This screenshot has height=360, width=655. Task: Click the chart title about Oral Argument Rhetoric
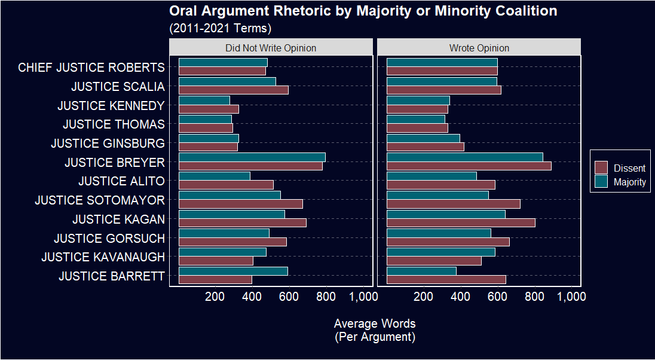coord(363,11)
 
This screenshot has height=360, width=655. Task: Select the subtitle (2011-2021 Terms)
coord(220,28)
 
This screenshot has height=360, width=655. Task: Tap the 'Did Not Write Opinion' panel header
coord(271,48)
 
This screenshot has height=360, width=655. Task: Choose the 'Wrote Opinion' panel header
coord(479,48)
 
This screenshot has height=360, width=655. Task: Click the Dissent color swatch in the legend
coord(601,168)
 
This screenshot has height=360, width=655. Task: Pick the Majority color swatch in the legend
coord(601,182)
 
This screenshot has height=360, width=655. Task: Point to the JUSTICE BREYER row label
coord(114,162)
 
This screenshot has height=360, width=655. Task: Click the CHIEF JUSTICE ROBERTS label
coord(91,68)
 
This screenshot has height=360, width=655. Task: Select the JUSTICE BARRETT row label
coord(111,276)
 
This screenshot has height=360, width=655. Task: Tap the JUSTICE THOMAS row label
coord(114,124)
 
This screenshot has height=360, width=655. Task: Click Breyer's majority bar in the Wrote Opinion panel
coord(465,157)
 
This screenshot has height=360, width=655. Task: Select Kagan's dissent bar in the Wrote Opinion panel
coord(461,223)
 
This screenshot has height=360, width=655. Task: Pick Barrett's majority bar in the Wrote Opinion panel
coord(421,271)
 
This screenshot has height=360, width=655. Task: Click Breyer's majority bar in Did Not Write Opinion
coord(252,157)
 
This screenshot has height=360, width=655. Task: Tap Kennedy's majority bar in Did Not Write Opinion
coord(204,100)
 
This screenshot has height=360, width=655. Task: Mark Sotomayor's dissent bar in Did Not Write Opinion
coord(241,204)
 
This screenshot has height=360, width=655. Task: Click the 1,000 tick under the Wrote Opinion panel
coord(571,295)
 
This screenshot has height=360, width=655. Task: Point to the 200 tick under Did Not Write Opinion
coord(215,295)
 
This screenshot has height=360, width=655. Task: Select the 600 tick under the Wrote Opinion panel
coord(497,295)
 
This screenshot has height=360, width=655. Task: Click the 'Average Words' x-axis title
coord(375,324)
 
